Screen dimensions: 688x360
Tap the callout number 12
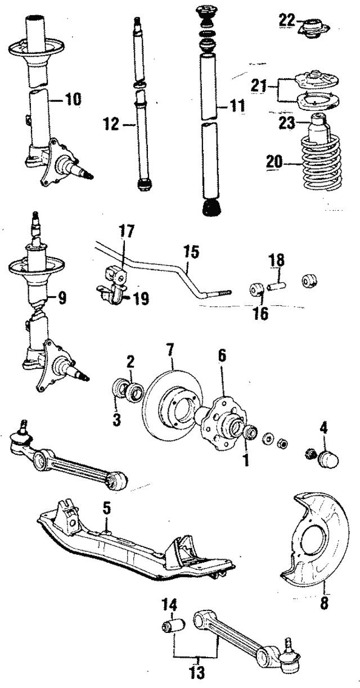tap(111, 124)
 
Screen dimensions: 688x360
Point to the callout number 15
tap(192, 252)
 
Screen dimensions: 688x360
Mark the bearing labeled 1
tap(250, 433)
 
